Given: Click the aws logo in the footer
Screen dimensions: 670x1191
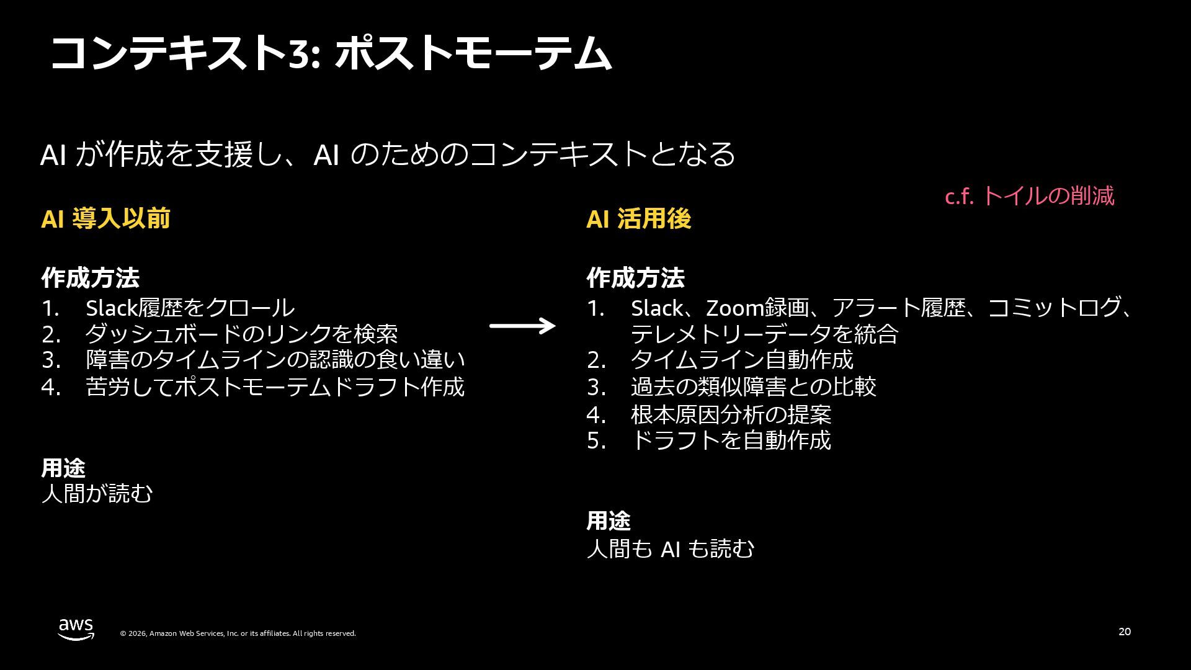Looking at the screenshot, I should (76, 629).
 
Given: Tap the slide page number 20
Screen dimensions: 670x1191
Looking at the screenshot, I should (1125, 632).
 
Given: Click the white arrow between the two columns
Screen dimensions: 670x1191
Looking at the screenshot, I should (522, 326).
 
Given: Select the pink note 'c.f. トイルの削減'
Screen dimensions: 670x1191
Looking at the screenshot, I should (1029, 196).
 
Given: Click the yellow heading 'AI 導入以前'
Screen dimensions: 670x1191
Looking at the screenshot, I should (105, 218).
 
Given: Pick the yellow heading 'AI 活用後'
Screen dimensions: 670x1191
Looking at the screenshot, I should (638, 218).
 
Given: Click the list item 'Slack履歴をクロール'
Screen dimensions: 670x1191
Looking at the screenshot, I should (190, 308).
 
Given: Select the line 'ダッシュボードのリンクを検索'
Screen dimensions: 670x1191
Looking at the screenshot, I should (241, 334).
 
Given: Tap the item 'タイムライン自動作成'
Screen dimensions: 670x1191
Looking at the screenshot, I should (742, 360).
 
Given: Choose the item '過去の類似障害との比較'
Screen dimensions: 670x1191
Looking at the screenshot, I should (753, 386).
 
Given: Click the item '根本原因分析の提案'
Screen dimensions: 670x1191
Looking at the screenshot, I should (731, 414).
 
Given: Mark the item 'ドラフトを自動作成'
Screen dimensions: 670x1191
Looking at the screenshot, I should (731, 440).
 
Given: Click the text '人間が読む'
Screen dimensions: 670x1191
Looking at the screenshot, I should (97, 494).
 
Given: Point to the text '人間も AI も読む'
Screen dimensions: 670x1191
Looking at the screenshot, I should (670, 548).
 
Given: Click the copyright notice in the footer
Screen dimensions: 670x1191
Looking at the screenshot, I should (238, 633).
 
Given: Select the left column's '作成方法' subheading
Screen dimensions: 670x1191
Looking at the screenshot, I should (91, 278).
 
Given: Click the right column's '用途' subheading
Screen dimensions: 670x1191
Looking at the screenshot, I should (609, 521).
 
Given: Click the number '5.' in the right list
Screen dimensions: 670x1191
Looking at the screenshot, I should (596, 440).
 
